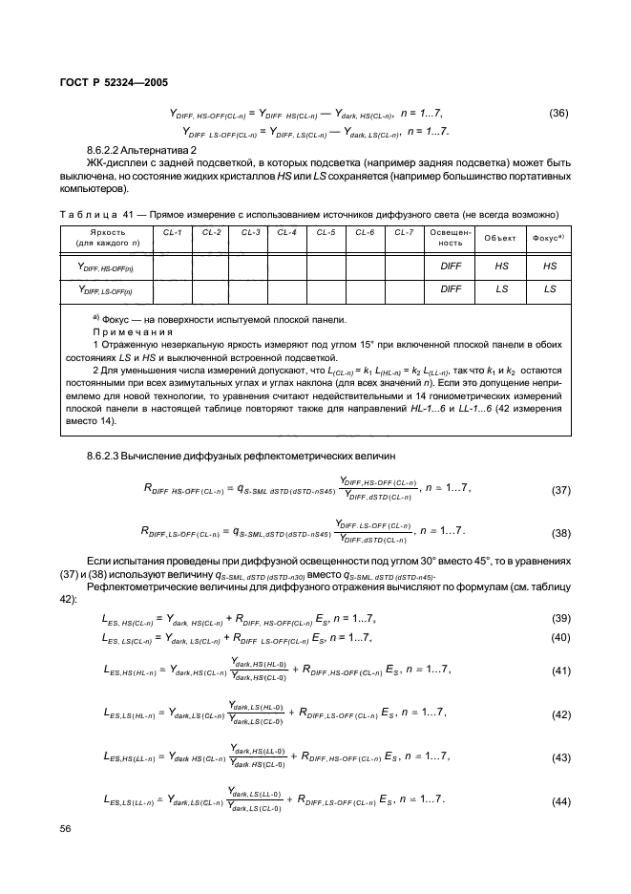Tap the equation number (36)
559,113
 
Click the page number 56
66,828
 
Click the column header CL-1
173,232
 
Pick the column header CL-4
286,232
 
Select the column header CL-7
404,232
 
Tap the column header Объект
501,238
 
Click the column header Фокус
549,238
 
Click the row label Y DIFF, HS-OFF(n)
106,269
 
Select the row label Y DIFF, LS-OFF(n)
106,289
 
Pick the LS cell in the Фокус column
549,288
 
